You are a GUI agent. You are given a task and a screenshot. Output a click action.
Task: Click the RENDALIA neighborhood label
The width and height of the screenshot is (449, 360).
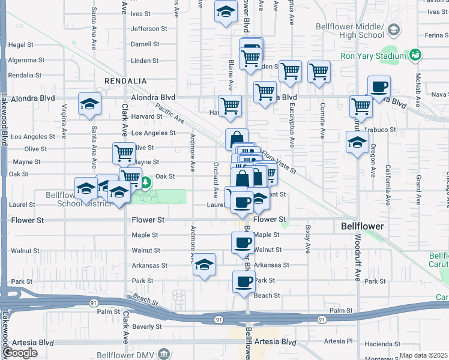(x=125, y=80)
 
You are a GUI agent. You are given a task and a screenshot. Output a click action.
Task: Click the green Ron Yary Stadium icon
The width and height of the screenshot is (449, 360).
(x=414, y=56)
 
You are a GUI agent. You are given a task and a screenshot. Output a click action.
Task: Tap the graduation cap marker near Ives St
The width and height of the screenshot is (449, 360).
(x=226, y=12)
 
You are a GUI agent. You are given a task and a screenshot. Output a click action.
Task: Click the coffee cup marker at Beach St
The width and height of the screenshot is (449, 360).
(x=243, y=282)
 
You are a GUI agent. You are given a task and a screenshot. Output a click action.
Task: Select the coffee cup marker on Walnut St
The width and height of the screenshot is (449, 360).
(x=243, y=243)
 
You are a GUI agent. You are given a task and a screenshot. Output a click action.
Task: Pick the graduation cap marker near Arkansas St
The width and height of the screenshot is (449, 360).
(x=204, y=265)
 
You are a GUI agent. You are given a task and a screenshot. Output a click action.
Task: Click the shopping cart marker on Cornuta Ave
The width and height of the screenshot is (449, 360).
(x=319, y=72)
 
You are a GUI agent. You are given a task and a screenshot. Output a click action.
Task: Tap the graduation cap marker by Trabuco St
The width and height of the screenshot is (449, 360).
(x=357, y=143)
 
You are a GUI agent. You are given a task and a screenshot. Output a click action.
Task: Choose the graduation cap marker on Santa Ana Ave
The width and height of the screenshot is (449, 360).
(x=89, y=104)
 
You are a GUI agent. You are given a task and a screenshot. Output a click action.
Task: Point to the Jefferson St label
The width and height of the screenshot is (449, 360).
(x=145, y=28)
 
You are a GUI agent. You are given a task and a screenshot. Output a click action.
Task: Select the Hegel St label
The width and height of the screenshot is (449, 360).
(x=20, y=44)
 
